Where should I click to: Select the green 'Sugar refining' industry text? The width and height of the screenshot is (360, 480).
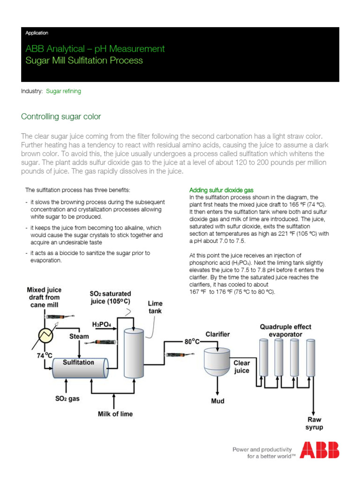point(63,91)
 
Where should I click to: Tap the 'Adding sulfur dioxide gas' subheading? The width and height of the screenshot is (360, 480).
point(221,190)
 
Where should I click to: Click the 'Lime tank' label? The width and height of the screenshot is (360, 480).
point(156,307)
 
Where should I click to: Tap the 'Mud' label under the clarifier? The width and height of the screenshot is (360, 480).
point(217,401)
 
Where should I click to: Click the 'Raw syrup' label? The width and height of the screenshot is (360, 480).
point(315,423)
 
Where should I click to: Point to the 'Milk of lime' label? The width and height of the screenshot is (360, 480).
point(115,414)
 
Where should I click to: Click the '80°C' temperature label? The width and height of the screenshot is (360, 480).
point(192,342)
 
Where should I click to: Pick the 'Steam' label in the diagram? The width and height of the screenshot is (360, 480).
point(79,336)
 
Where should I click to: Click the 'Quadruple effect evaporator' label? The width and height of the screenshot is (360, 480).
point(285,330)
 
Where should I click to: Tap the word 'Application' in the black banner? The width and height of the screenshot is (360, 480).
point(37,33)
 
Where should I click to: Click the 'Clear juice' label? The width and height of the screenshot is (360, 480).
point(242,367)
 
